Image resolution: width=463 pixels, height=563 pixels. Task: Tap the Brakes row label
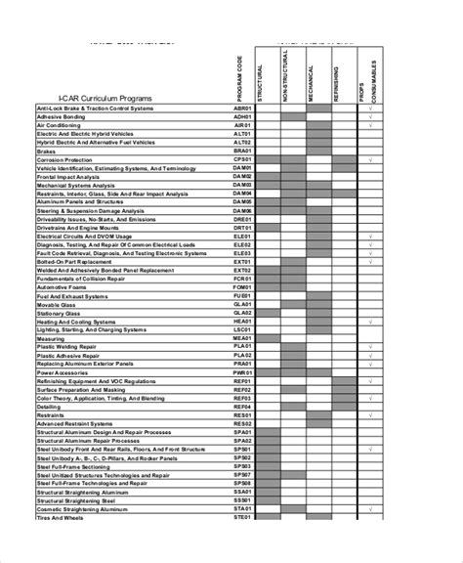48,151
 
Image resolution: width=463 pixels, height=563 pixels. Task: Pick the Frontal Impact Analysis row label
73,176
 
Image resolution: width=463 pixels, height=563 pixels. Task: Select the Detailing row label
50,406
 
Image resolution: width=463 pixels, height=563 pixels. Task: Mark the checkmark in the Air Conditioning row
372,125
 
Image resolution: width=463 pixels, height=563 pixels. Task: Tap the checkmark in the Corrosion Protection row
372,159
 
